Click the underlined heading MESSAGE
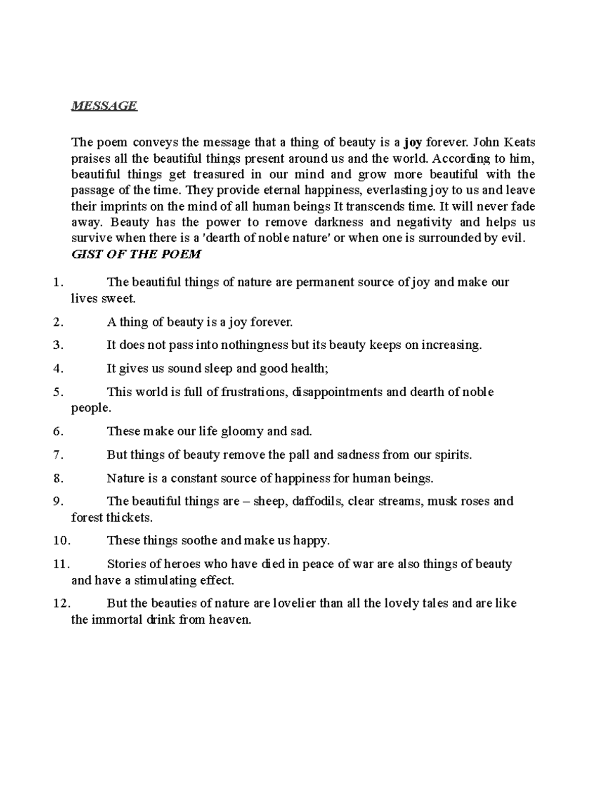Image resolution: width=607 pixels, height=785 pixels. tap(104, 106)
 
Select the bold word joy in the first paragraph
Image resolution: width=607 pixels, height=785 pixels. tap(413, 143)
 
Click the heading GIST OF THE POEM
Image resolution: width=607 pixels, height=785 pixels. tap(136, 254)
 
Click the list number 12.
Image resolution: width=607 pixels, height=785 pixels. tap(62, 604)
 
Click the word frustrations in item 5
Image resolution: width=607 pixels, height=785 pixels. tap(253, 392)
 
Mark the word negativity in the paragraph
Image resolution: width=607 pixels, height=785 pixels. tap(426, 222)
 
